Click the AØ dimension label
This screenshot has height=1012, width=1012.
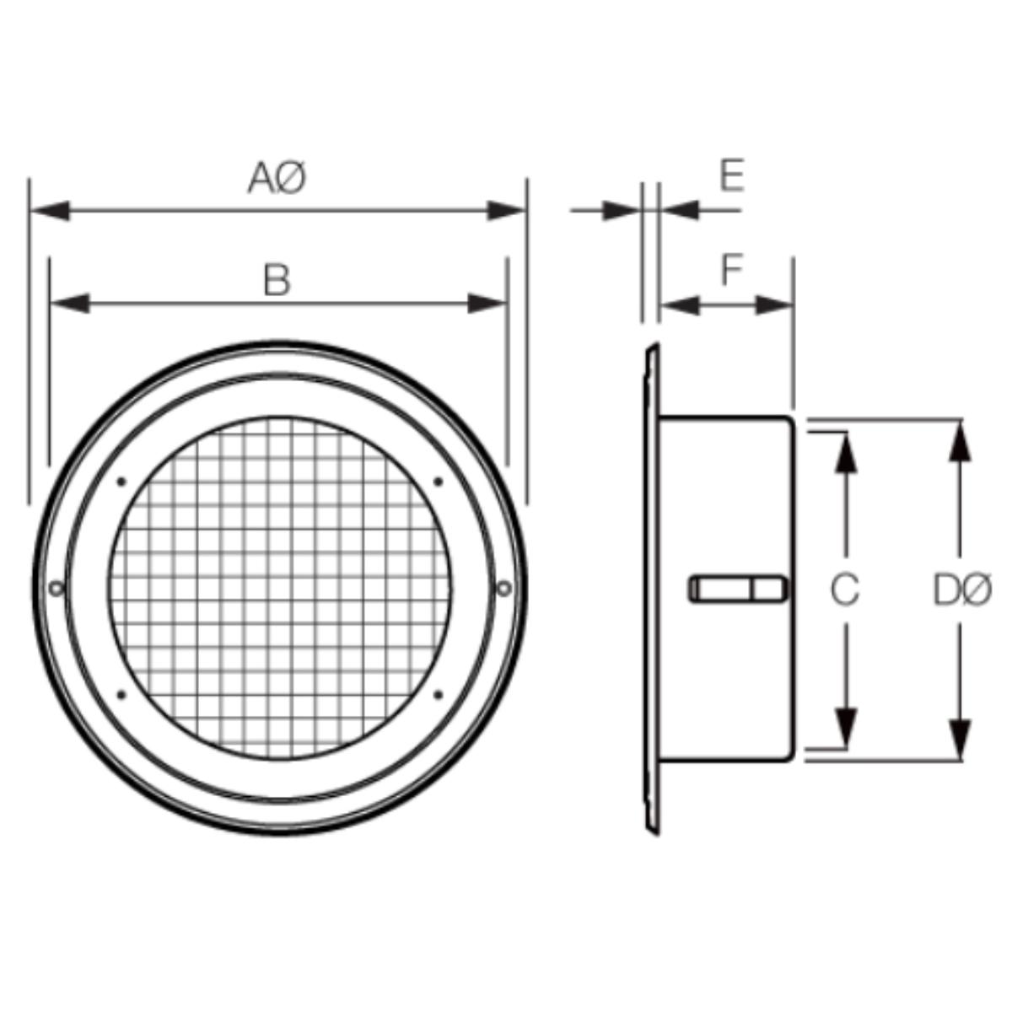[x=277, y=178]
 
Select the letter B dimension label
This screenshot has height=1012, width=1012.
[x=277, y=281]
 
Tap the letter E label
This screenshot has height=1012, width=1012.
[x=732, y=175]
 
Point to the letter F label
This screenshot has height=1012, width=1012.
[x=732, y=270]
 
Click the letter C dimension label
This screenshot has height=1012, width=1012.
[x=845, y=589]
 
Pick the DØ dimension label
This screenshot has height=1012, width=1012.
[x=962, y=590]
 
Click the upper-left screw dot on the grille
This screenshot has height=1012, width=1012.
[x=121, y=482]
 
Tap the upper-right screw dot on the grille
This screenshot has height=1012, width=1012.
[x=438, y=482]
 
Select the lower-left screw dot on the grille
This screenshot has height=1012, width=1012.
[x=121, y=695]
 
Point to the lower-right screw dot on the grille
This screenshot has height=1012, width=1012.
[x=439, y=695]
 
